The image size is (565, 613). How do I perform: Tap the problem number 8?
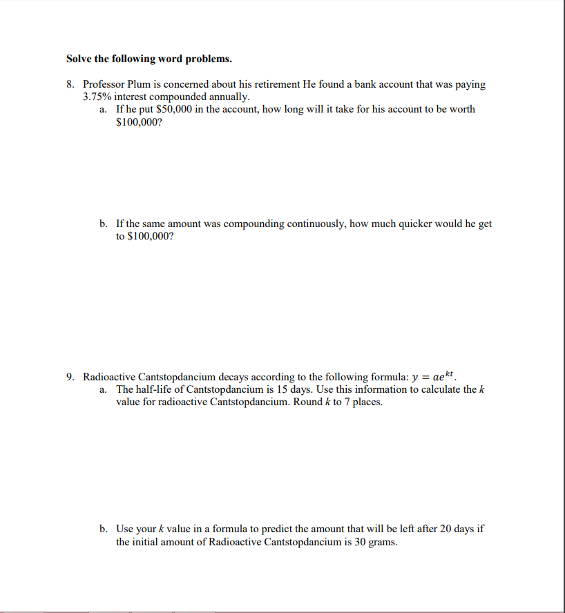pyautogui.click(x=70, y=84)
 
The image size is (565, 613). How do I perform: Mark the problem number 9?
pyautogui.click(x=70, y=377)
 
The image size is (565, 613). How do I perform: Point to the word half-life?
pyautogui.click(x=158, y=389)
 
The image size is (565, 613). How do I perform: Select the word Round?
pyautogui.click(x=308, y=402)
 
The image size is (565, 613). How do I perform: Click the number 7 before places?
pyautogui.click(x=349, y=402)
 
